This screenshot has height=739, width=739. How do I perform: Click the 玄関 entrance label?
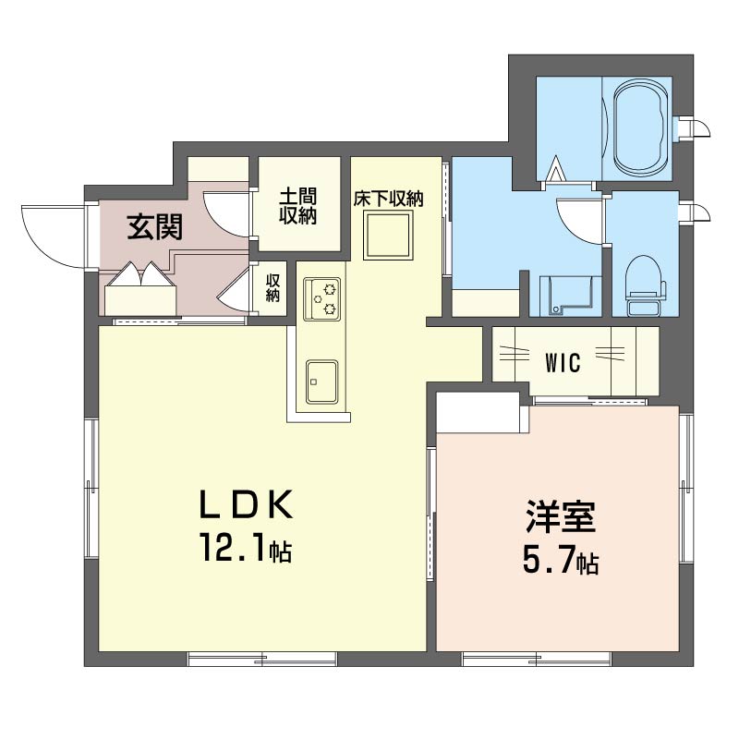click(x=154, y=227)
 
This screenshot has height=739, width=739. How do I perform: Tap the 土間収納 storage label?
click(x=297, y=206)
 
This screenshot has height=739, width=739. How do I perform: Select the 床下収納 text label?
click(x=388, y=199)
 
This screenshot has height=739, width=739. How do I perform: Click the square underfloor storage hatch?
click(x=388, y=235)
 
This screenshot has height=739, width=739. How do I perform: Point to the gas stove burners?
click(x=321, y=298)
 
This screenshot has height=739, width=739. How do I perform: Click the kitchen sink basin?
click(x=321, y=382)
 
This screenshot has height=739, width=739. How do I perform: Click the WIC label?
click(x=563, y=362)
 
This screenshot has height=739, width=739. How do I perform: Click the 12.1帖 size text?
click(x=246, y=548)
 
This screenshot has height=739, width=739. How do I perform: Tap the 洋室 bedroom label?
click(x=561, y=517)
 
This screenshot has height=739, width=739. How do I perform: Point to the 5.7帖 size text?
click(x=561, y=559)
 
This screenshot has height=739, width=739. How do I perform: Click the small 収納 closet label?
click(x=273, y=288)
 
